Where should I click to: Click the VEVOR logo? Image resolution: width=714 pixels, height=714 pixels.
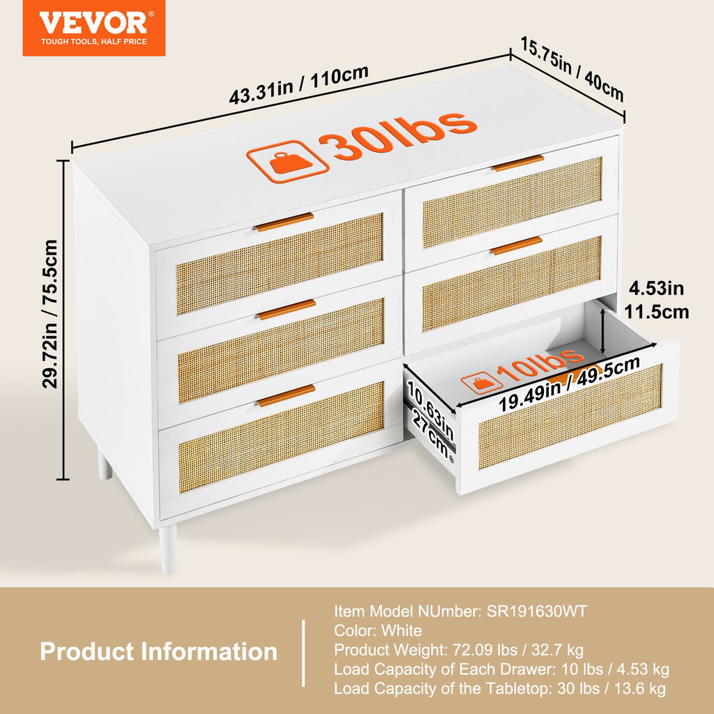94,28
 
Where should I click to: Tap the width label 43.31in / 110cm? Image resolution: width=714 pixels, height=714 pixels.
298,84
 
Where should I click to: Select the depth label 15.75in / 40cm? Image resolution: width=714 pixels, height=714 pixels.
572,69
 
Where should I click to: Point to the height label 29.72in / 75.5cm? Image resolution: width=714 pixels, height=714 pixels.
50,314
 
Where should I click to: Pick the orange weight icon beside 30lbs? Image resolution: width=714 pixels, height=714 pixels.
288,161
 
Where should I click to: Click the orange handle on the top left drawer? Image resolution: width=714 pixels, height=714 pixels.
284,222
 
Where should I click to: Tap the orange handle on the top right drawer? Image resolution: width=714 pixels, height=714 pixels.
519,162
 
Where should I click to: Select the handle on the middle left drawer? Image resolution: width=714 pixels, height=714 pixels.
287,309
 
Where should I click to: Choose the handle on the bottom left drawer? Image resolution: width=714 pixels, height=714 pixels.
287,395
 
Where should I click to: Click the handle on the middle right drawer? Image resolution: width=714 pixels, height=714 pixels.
517,245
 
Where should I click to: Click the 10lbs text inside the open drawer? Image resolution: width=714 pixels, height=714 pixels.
540,364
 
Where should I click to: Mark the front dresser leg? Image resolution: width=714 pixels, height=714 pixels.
168,549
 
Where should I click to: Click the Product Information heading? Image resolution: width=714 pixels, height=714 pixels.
158,651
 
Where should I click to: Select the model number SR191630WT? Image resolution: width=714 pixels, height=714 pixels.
537,611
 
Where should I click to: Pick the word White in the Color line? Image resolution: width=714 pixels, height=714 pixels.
401,630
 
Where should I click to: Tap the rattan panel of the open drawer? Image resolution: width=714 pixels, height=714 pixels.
570,417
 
